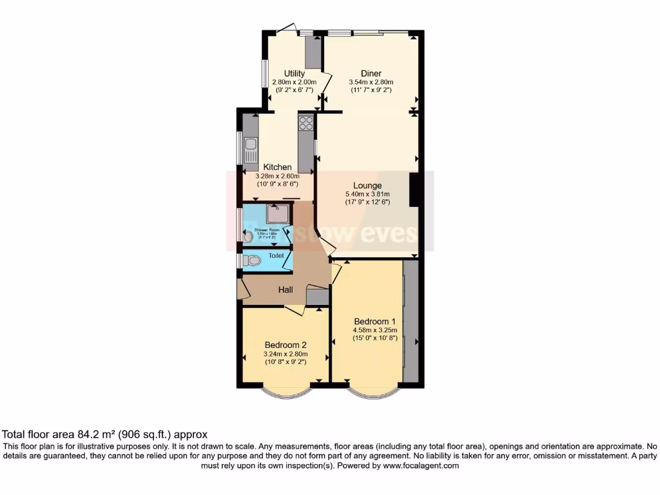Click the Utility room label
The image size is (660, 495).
click(295, 73)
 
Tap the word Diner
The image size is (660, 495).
click(371, 73)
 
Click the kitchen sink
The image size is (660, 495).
click(250, 150)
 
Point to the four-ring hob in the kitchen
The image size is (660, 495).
click(306, 122)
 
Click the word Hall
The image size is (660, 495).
click(286, 290)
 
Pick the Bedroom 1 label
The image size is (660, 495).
click(374, 321)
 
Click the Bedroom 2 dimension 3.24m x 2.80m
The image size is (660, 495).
click(286, 354)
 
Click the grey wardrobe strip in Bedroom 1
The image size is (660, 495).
click(410, 321)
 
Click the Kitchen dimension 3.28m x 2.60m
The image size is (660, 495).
click(277, 176)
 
